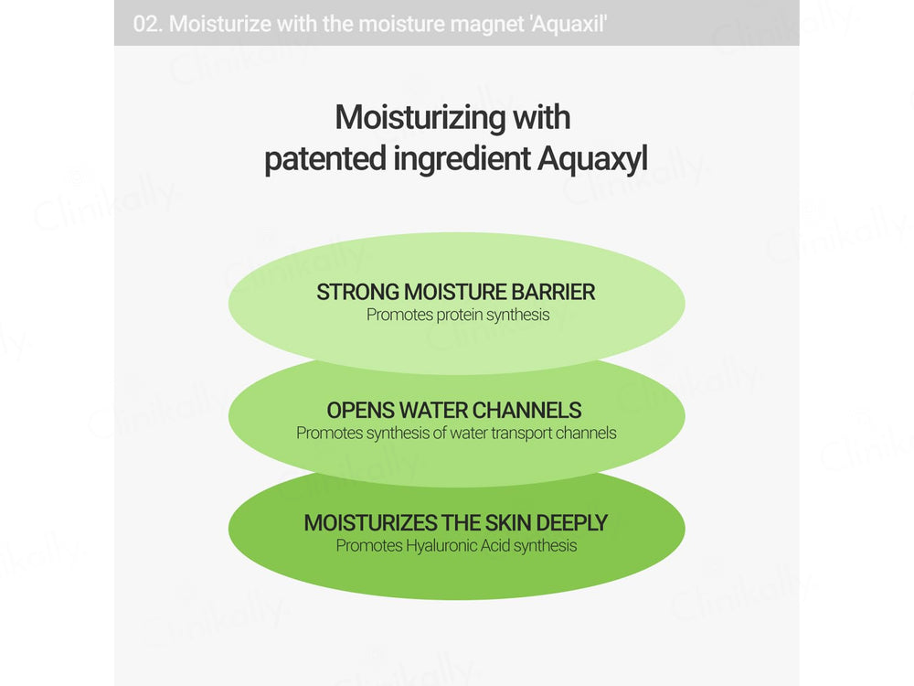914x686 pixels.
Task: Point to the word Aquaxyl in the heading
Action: click(592, 159)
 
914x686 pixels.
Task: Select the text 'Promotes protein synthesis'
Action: click(458, 315)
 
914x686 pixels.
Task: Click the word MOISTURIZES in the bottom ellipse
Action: click(370, 523)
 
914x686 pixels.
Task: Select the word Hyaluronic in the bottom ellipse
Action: click(442, 546)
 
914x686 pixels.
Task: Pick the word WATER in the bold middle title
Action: click(437, 411)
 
